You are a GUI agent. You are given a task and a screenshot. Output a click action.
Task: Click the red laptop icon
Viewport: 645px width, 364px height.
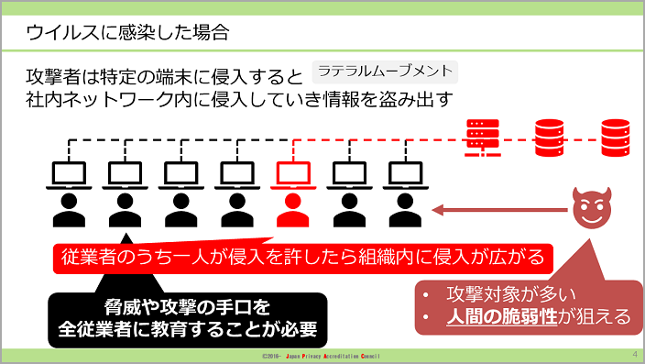(x=293, y=175)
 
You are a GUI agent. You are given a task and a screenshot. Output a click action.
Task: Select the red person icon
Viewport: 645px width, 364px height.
(x=293, y=210)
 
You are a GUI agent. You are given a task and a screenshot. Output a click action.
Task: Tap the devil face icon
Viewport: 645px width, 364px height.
(x=592, y=208)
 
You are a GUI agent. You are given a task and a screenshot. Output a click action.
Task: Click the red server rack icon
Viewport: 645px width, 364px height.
(x=483, y=138)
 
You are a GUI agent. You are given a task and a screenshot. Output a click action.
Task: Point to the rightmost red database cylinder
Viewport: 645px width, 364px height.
(x=616, y=138)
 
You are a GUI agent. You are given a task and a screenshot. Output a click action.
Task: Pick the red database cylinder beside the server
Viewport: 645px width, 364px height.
(x=549, y=138)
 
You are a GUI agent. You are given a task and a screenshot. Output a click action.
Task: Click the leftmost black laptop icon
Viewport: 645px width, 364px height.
(x=69, y=175)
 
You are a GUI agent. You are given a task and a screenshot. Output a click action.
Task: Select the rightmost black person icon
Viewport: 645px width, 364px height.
(x=405, y=210)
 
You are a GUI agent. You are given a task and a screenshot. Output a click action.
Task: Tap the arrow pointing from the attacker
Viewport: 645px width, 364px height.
(x=500, y=210)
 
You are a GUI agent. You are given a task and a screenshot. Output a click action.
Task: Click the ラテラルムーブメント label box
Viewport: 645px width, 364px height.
(x=385, y=72)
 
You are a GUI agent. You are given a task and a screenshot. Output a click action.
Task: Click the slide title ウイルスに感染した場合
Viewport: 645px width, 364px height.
(x=127, y=33)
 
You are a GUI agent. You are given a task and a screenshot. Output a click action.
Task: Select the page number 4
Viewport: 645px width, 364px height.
(x=635, y=354)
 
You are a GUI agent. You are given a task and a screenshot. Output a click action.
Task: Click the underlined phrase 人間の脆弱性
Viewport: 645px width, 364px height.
(x=502, y=316)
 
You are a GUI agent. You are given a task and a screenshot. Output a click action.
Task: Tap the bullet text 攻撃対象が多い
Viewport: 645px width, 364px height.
(x=511, y=294)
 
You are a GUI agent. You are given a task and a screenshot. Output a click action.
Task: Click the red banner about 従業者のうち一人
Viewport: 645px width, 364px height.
(x=303, y=258)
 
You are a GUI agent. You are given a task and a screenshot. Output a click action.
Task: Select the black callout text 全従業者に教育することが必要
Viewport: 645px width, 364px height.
(x=188, y=329)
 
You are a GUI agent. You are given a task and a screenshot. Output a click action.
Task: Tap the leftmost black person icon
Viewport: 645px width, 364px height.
(x=69, y=210)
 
